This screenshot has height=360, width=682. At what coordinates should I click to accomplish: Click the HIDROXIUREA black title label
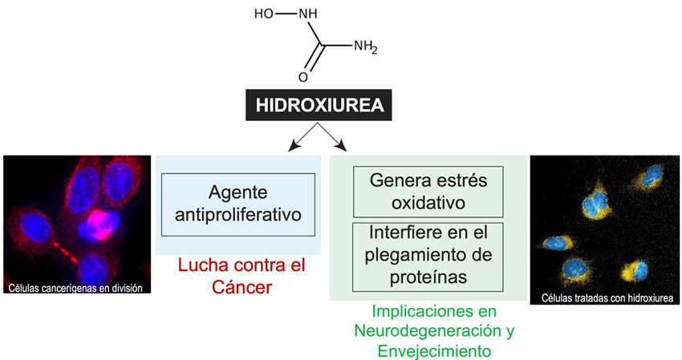point(319,105)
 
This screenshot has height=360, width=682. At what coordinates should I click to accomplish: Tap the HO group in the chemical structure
point(263,14)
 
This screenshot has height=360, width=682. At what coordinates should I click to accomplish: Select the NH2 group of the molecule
point(365,46)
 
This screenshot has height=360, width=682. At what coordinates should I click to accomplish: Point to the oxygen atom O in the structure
point(302,78)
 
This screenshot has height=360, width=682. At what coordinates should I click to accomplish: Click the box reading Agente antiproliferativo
point(237,204)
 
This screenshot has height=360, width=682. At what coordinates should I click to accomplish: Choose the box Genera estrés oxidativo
point(428,190)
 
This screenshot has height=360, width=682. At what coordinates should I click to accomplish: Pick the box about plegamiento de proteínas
point(428,256)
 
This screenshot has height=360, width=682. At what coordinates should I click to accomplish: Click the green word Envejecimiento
point(428,350)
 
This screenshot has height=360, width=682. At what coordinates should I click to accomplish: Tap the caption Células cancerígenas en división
point(78,287)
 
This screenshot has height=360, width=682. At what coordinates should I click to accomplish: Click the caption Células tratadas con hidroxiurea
point(605,297)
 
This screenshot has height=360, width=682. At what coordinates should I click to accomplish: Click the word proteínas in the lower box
point(428,277)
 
